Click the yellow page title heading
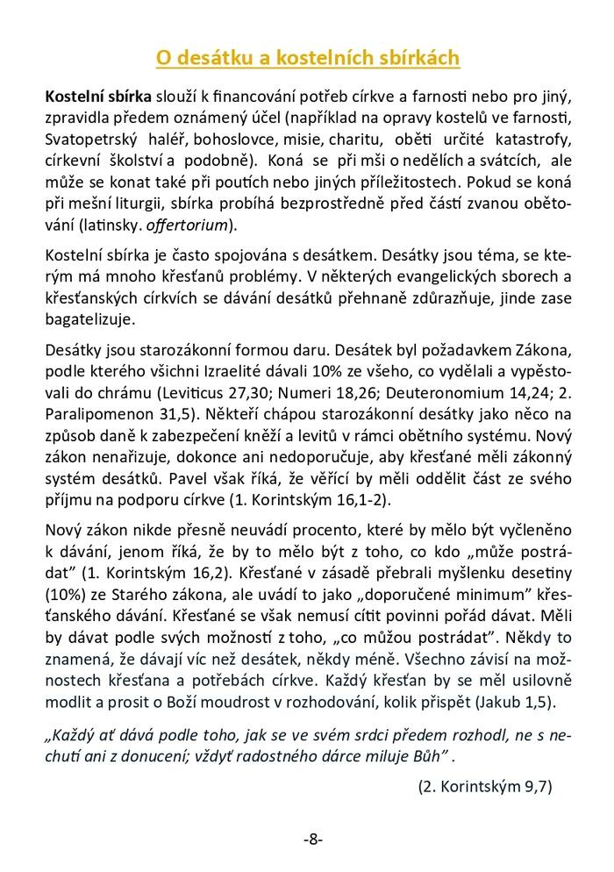[308, 58]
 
